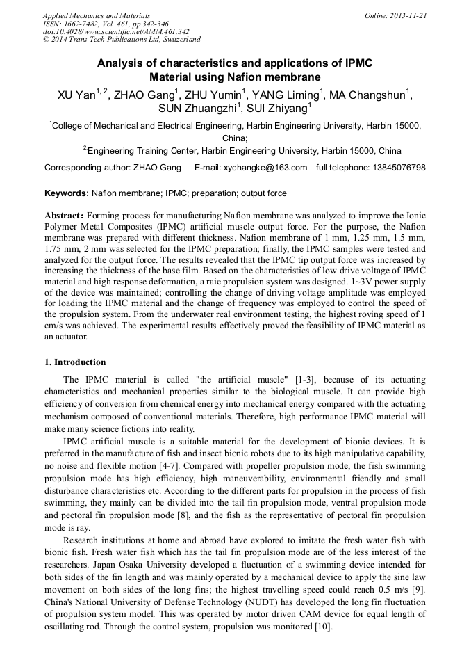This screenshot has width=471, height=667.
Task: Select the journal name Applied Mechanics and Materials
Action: pos(96,15)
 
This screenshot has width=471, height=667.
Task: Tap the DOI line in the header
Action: pos(116,31)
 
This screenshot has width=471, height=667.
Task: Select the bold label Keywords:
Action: pos(66,193)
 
